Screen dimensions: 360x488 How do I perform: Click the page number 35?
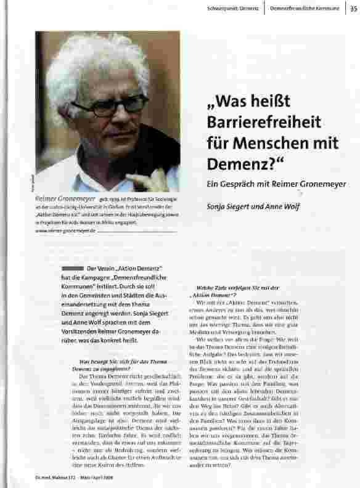353,8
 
